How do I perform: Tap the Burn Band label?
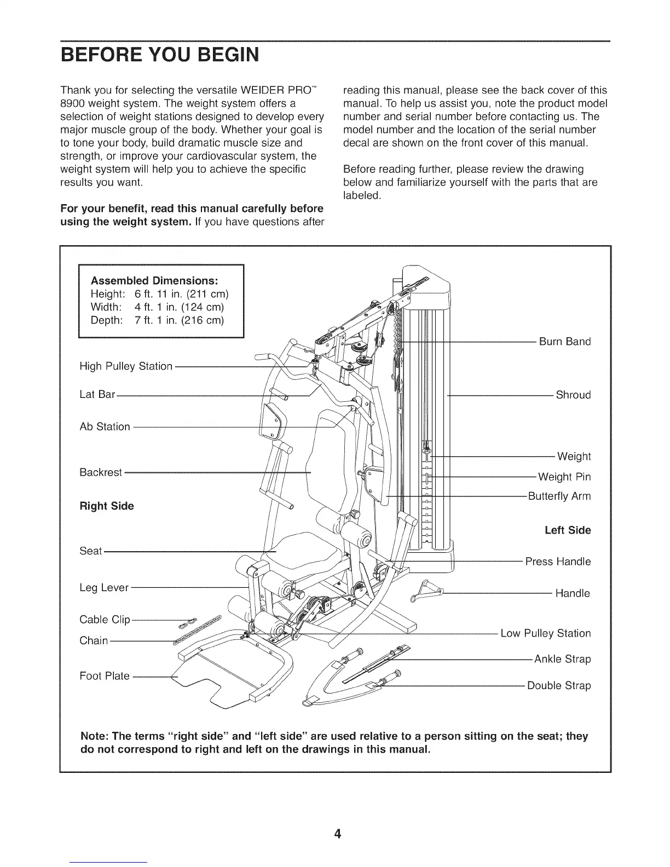(x=565, y=342)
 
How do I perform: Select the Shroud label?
(x=573, y=395)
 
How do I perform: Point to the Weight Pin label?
(x=564, y=477)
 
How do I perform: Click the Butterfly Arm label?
(x=559, y=496)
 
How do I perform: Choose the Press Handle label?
(x=558, y=562)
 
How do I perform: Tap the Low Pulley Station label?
(x=546, y=634)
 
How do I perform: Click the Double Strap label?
(x=558, y=686)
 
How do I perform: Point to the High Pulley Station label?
(x=126, y=366)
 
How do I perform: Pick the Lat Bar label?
(x=97, y=395)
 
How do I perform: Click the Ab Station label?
(x=105, y=427)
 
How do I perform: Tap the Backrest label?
(x=101, y=472)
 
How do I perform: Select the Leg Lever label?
(x=104, y=588)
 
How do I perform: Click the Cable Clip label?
(x=105, y=620)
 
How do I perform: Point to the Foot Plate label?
(x=105, y=676)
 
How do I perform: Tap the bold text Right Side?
(x=107, y=506)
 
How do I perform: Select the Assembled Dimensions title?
(x=154, y=281)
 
